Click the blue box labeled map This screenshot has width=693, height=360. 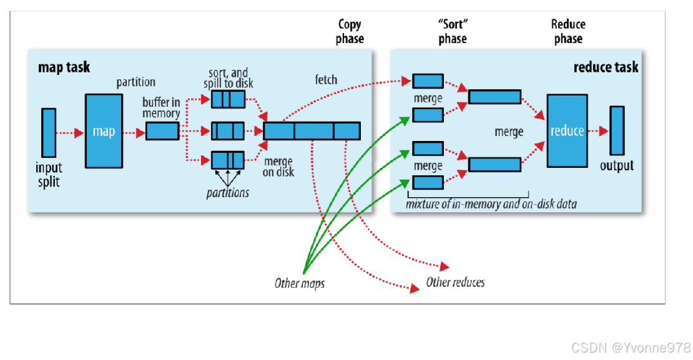104,132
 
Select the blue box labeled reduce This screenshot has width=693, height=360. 567,131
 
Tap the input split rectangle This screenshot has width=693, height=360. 49,132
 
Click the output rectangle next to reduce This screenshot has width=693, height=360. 617,130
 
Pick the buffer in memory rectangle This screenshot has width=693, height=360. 162,131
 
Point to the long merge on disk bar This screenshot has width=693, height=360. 312,131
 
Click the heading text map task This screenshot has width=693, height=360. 64,67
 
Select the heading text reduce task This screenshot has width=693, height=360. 605,67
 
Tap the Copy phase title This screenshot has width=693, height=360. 350,31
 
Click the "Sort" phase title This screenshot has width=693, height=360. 452,31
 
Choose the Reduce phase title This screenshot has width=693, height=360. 568,31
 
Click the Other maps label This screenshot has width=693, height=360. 299,283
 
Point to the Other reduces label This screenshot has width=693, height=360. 455,283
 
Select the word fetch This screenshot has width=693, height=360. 325,80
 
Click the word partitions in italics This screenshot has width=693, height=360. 227,193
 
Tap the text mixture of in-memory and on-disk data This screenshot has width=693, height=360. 491,204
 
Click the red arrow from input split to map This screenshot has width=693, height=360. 70,132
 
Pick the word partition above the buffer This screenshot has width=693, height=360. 135,82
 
